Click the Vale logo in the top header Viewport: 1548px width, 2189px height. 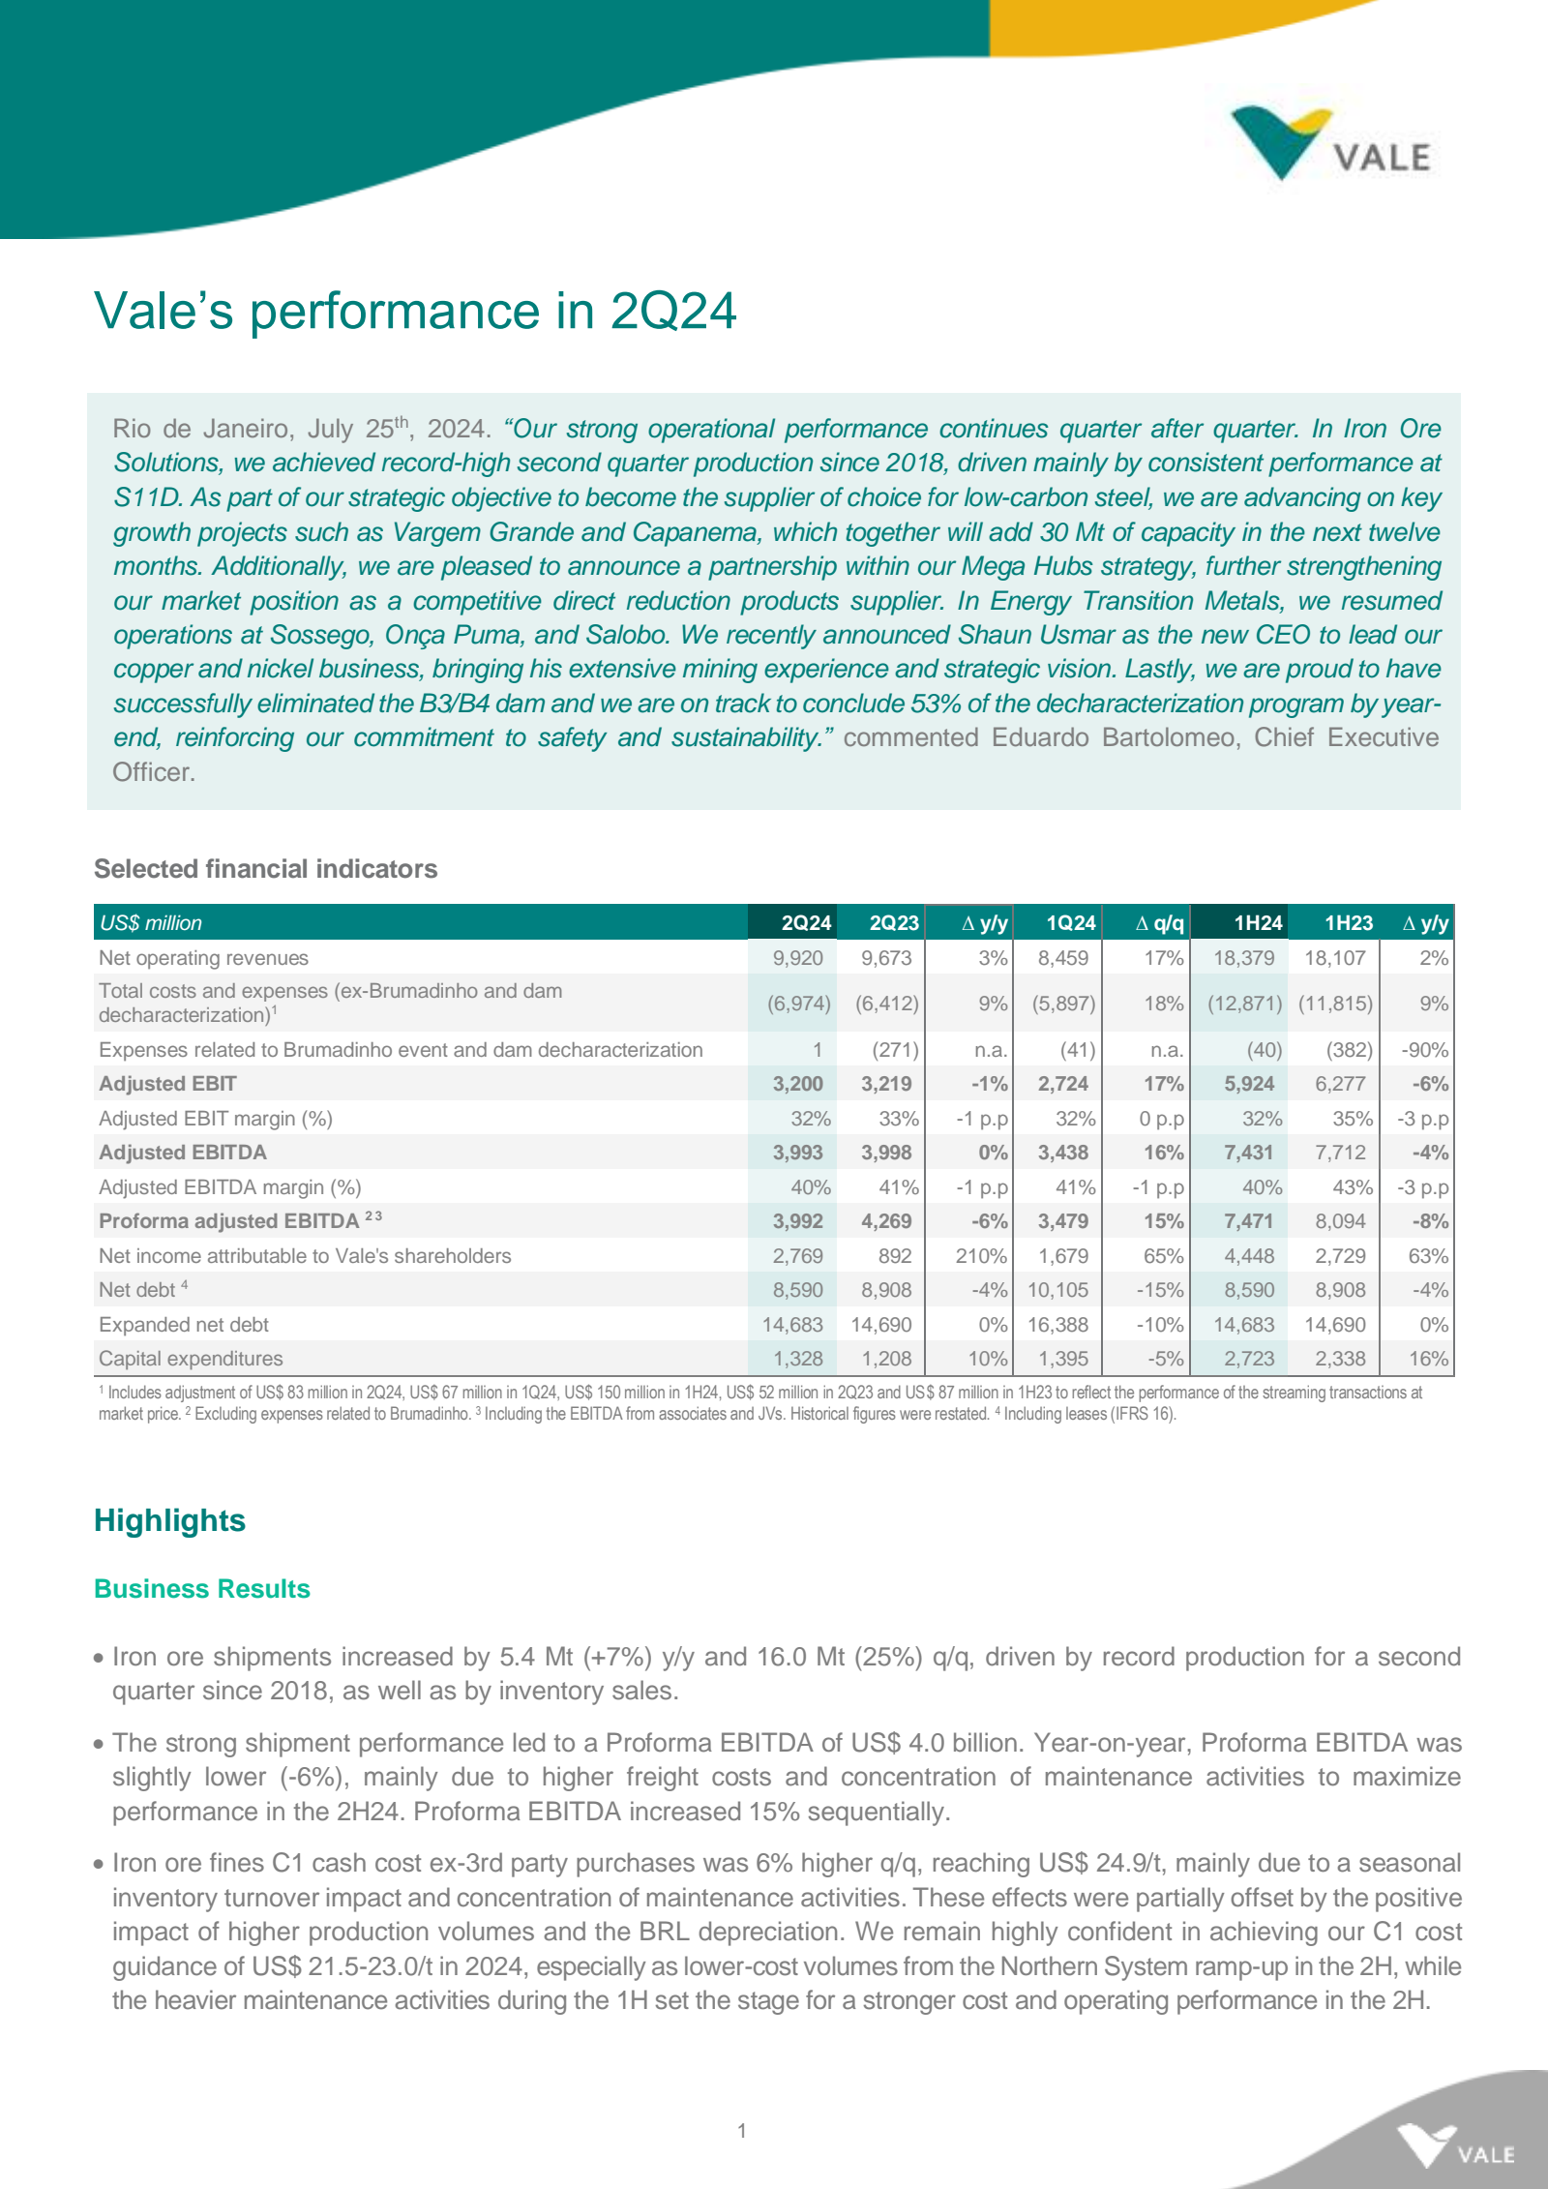[x=1330, y=145]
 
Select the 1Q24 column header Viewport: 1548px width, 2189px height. [x=1070, y=923]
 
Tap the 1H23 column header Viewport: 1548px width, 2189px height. [x=1348, y=923]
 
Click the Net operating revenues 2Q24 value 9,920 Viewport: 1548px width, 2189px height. [x=797, y=958]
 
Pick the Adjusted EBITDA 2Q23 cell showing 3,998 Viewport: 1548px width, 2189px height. [x=886, y=1153]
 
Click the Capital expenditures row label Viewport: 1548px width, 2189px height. [x=191, y=1359]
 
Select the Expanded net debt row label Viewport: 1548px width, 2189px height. [x=184, y=1325]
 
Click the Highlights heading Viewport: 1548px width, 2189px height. [x=169, y=1520]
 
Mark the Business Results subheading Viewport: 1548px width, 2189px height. [x=201, y=1589]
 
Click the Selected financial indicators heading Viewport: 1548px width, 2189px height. [x=265, y=869]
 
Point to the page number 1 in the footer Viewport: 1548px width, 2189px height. [x=742, y=2130]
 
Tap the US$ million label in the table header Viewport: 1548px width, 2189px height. [x=151, y=923]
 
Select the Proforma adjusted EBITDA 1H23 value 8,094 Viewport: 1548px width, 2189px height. [x=1340, y=1221]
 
